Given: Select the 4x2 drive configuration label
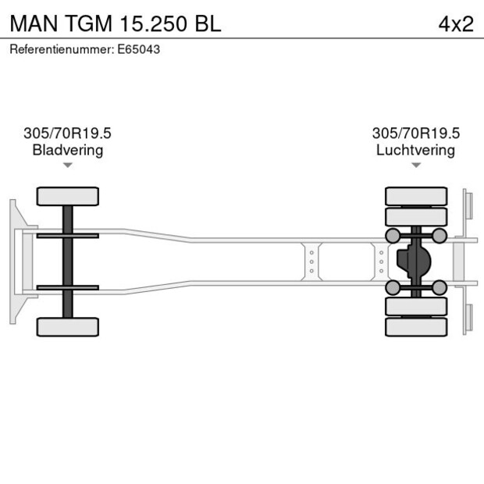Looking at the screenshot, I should pyautogui.click(x=456, y=23).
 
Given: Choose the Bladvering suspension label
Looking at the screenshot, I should pyautogui.click(x=68, y=150).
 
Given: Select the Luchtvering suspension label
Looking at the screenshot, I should pyautogui.click(x=415, y=150).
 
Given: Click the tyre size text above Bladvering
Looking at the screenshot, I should pyautogui.click(x=68, y=133).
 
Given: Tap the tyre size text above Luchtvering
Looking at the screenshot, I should pyautogui.click(x=415, y=133).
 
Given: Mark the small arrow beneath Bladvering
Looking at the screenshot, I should pyautogui.click(x=68, y=165).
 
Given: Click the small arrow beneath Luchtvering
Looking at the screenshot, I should pyautogui.click(x=415, y=165).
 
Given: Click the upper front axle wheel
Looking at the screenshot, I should pyautogui.click(x=68, y=196).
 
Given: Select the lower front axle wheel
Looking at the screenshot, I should pyautogui.click(x=68, y=326).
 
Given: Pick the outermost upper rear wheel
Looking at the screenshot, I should pyautogui.click(x=416, y=195).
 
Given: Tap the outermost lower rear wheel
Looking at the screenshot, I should pyautogui.click(x=416, y=327).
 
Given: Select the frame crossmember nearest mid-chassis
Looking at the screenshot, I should pyautogui.click(x=311, y=262).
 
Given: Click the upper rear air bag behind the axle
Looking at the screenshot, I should pyautogui.click(x=440, y=236).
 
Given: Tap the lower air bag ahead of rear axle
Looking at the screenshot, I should pyautogui.click(x=393, y=288).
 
